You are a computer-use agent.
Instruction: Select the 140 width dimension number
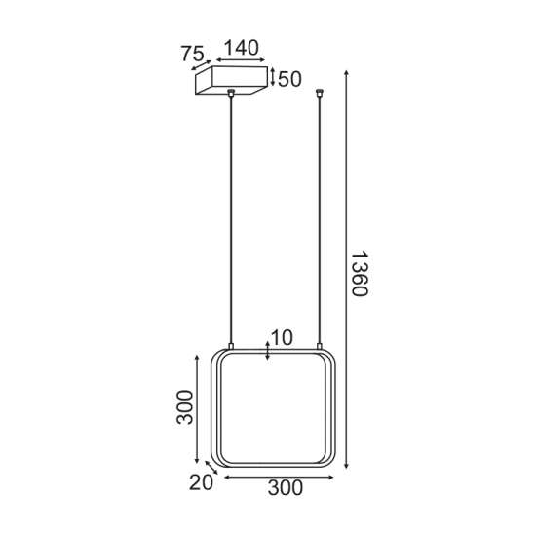[241, 46]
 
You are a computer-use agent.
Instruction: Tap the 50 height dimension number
[289, 79]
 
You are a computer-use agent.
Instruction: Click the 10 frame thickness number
[282, 338]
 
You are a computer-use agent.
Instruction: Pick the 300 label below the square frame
[284, 489]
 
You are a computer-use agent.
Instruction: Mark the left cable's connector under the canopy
[232, 96]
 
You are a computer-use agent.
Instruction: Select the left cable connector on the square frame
[232, 346]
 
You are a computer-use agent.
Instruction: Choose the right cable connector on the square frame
[320, 346]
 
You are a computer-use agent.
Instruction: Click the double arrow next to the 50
[273, 78]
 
